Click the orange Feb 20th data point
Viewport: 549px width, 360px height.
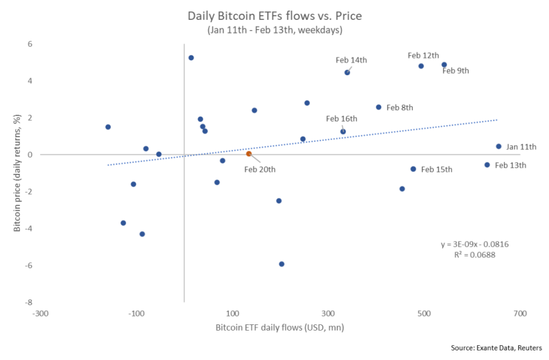249,154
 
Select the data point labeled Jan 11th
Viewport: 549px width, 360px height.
499,146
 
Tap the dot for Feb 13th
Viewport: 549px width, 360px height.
487,165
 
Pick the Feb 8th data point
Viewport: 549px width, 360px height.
378,107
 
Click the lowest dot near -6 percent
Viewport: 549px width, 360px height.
282,264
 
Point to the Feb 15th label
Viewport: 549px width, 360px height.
437,170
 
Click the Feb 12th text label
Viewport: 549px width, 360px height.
423,55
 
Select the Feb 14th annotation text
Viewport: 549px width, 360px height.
351,60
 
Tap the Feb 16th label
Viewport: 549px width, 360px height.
342,119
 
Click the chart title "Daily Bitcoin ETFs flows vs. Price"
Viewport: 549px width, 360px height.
274,16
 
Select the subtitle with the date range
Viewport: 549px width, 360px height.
274,30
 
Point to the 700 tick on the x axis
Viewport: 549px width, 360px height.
520,313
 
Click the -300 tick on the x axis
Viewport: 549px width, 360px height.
40,313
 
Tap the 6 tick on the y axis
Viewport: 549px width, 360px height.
30,44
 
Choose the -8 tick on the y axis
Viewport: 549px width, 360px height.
29,302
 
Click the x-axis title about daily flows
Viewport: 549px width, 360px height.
280,328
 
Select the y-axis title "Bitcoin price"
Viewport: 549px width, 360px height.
18,172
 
